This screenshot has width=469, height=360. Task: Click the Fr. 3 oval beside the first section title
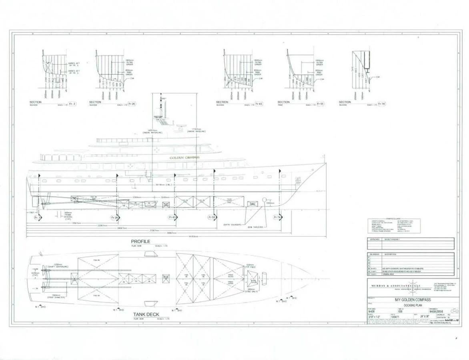coord(72,104)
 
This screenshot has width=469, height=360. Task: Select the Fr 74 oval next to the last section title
coord(381,104)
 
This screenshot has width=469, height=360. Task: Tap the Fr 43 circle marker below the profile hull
coord(172,218)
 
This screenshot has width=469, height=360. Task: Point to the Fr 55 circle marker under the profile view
coord(212,218)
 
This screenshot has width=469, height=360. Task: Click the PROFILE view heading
coord(140,242)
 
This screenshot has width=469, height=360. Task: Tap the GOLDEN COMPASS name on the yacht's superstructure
coord(184,158)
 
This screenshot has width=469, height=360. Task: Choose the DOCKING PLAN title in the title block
coord(412,304)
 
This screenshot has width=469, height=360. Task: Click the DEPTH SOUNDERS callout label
coord(232,225)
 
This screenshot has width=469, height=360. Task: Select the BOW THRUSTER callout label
coord(255,227)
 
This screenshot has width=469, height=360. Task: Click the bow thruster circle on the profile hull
coord(264,199)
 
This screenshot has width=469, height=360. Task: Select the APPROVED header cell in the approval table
coord(375,239)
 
